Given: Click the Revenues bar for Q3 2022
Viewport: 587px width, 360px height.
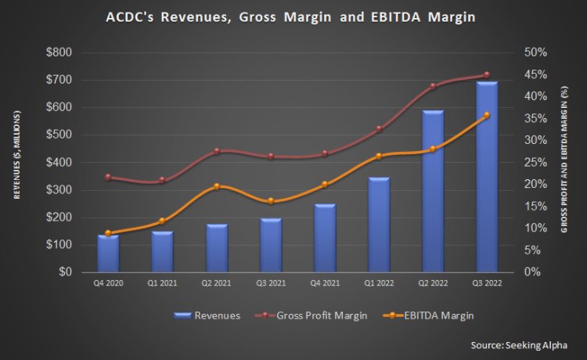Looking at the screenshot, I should [x=487, y=177].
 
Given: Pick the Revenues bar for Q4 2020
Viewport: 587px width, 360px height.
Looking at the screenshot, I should [x=108, y=254].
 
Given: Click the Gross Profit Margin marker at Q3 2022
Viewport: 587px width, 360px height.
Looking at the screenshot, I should [x=487, y=75].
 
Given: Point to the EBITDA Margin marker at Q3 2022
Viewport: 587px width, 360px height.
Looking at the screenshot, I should [x=487, y=115].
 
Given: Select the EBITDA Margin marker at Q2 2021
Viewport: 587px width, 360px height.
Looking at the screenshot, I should [x=217, y=186].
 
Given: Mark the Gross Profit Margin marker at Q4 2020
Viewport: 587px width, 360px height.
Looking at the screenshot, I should [x=108, y=177].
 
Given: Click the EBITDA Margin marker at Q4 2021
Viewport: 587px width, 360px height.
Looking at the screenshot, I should [x=325, y=185].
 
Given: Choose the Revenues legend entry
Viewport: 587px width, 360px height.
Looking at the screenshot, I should [x=207, y=315].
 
